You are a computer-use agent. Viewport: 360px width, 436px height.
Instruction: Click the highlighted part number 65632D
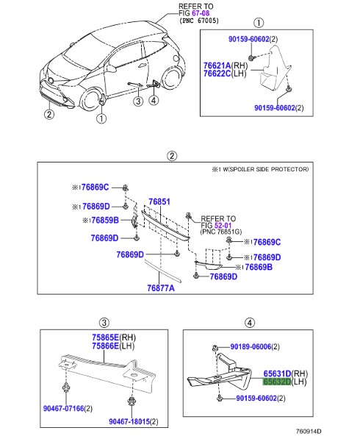tap(277, 382)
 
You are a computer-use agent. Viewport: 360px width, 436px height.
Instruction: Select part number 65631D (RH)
tap(277, 374)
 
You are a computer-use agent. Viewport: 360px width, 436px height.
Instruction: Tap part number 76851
tap(159, 201)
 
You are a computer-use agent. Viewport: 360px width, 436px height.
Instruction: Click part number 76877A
tap(161, 288)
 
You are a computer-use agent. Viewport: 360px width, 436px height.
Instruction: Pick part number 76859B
tap(105, 221)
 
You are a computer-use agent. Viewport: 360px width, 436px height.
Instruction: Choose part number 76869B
tap(259, 267)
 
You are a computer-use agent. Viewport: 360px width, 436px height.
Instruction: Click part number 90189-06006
tap(251, 347)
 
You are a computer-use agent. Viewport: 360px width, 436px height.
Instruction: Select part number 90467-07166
tap(64, 409)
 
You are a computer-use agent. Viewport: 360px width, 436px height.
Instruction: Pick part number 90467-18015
tap(129, 421)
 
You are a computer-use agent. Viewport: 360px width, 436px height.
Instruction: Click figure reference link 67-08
tap(201, 13)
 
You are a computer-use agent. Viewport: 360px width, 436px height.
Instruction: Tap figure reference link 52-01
tap(223, 225)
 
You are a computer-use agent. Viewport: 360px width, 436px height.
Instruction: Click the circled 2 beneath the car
tap(49, 114)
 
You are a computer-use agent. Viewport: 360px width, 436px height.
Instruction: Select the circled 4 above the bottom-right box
tap(250, 323)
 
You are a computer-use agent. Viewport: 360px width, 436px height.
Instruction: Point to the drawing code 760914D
tap(309, 432)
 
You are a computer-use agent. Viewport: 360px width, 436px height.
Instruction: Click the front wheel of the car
tap(90, 100)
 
